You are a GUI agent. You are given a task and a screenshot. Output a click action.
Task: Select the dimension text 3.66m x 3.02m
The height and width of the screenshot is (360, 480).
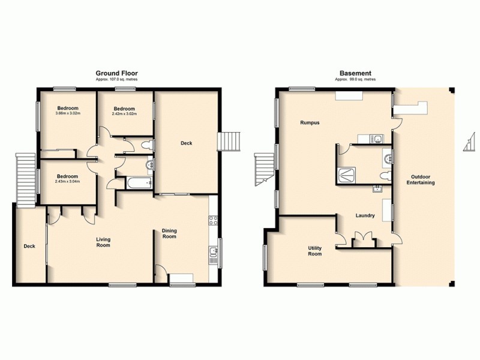click(67, 113)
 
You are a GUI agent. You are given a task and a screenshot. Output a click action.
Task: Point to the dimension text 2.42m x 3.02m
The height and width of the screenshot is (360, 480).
click(125, 113)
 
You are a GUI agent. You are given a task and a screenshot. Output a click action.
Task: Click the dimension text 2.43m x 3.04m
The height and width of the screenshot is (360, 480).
click(67, 181)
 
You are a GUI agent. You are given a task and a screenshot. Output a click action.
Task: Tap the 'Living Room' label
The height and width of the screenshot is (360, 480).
click(103, 242)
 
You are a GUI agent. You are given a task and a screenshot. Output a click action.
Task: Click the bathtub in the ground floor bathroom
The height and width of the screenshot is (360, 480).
click(133, 184)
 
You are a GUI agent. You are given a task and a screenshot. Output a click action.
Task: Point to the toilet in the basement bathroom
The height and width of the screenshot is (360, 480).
click(385, 175)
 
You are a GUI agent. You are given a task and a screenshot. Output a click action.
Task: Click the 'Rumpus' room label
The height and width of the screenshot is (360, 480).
click(310, 122)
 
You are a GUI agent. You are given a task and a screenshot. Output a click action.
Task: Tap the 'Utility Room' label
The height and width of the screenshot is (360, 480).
click(315, 250)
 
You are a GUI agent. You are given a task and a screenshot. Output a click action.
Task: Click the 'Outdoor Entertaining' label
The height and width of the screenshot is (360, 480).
click(423, 179)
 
